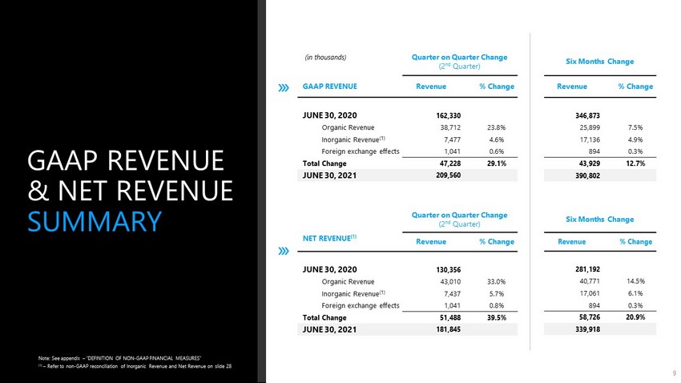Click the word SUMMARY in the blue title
(95, 221)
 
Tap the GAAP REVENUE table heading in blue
(329, 87)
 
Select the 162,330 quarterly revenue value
(448, 115)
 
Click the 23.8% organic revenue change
(496, 127)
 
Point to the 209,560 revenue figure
(448, 175)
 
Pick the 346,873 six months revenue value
(587, 115)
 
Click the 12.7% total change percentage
(635, 163)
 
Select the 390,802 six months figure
(587, 175)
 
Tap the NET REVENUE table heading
(329, 238)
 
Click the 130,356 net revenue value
(448, 270)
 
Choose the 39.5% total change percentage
(497, 318)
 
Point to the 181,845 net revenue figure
(448, 329)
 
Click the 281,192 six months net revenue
(587, 270)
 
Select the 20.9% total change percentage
(635, 317)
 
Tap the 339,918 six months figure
(587, 329)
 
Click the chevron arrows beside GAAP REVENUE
(284, 87)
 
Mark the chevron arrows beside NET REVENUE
(284, 251)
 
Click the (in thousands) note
(326, 58)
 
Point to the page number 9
(675, 373)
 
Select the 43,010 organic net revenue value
(450, 282)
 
